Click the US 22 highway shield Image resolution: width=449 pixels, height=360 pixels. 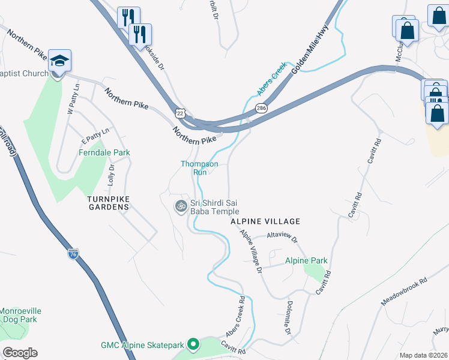click(181, 113)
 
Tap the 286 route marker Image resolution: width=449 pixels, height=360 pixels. click(261, 109)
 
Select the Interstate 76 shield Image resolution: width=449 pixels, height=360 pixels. click(73, 254)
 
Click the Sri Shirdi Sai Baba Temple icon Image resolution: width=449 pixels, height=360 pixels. click(179, 206)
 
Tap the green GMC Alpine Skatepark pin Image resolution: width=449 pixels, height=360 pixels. click(193, 344)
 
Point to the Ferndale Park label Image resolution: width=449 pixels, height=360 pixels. click(104, 153)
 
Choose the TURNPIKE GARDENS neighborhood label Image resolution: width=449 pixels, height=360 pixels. click(108, 203)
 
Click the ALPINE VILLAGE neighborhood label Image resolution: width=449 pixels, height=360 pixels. click(265, 221)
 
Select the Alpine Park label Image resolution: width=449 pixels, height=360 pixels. click(306, 261)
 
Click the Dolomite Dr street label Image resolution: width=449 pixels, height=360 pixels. click(289, 318)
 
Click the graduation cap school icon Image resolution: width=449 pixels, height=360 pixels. click(59, 61)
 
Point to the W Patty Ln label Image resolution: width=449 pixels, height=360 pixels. click(73, 100)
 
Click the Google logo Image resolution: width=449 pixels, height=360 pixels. click(20, 353)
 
